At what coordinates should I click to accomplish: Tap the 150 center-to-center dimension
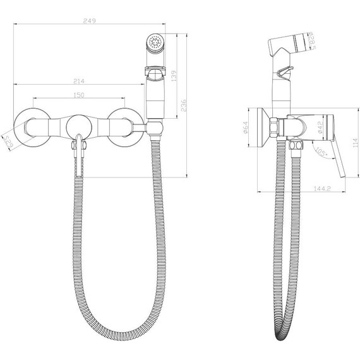(79, 95)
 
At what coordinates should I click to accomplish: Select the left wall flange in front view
(29, 125)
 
